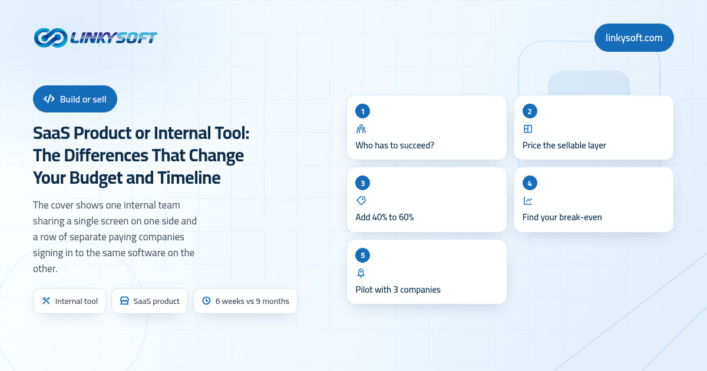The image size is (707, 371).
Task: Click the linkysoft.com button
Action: click(634, 38)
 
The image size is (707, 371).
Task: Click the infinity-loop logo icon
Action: click(51, 38)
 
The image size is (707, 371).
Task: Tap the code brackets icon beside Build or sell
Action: click(49, 99)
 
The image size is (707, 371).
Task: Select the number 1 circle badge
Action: click(363, 111)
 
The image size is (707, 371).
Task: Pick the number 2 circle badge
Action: click(530, 111)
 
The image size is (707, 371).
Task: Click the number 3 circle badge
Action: click(363, 183)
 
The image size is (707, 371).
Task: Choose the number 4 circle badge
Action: click(530, 183)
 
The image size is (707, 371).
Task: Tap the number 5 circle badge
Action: click(363, 255)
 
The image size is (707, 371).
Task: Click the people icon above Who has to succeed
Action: click(361, 129)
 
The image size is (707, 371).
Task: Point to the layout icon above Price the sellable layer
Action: click(528, 129)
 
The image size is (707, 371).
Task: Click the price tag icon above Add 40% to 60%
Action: click(361, 201)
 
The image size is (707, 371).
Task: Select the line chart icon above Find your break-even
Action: click(528, 201)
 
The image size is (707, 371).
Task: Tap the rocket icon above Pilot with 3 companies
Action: click(361, 273)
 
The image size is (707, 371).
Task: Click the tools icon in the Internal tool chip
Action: click(46, 301)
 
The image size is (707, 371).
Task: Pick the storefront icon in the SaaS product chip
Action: click(124, 301)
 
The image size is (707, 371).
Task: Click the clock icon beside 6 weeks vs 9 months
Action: click(206, 301)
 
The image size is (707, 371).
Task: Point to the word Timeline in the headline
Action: click(189, 178)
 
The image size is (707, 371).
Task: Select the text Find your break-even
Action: click(562, 217)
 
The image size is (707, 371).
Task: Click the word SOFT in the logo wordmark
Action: click(136, 38)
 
